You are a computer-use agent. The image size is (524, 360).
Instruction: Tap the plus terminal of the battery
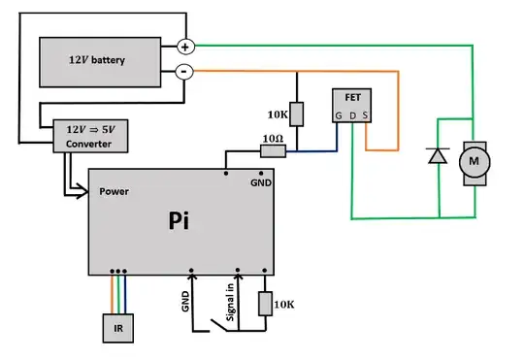[184, 46]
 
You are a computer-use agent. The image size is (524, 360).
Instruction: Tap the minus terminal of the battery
[184, 72]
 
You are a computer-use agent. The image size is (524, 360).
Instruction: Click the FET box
[351, 107]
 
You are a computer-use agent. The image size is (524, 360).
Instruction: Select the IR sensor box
[117, 329]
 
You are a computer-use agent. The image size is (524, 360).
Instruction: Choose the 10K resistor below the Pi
[265, 305]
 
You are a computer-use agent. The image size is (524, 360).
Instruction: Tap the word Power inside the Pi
[115, 191]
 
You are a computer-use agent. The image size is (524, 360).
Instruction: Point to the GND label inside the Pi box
[261, 183]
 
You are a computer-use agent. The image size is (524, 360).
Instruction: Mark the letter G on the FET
[339, 116]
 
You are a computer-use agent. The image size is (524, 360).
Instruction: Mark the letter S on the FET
[364, 116]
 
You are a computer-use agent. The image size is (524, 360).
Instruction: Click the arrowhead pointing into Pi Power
[84, 191]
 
